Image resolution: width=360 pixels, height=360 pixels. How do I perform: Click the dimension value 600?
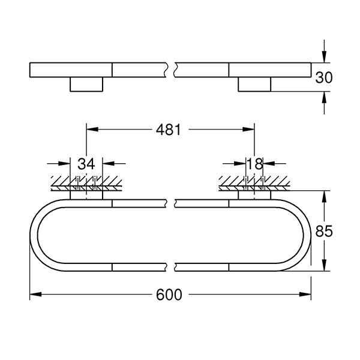coord(170,295)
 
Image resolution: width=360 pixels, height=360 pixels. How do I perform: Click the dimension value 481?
coord(170,130)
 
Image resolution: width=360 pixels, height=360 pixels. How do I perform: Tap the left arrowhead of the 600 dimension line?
coord(34,295)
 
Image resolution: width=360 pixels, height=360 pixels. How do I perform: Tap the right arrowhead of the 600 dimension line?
coord(308,295)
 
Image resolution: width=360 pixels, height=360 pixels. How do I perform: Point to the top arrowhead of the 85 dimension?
coord(325,196)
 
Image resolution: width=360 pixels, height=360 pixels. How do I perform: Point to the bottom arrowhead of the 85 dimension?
coord(325,268)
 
